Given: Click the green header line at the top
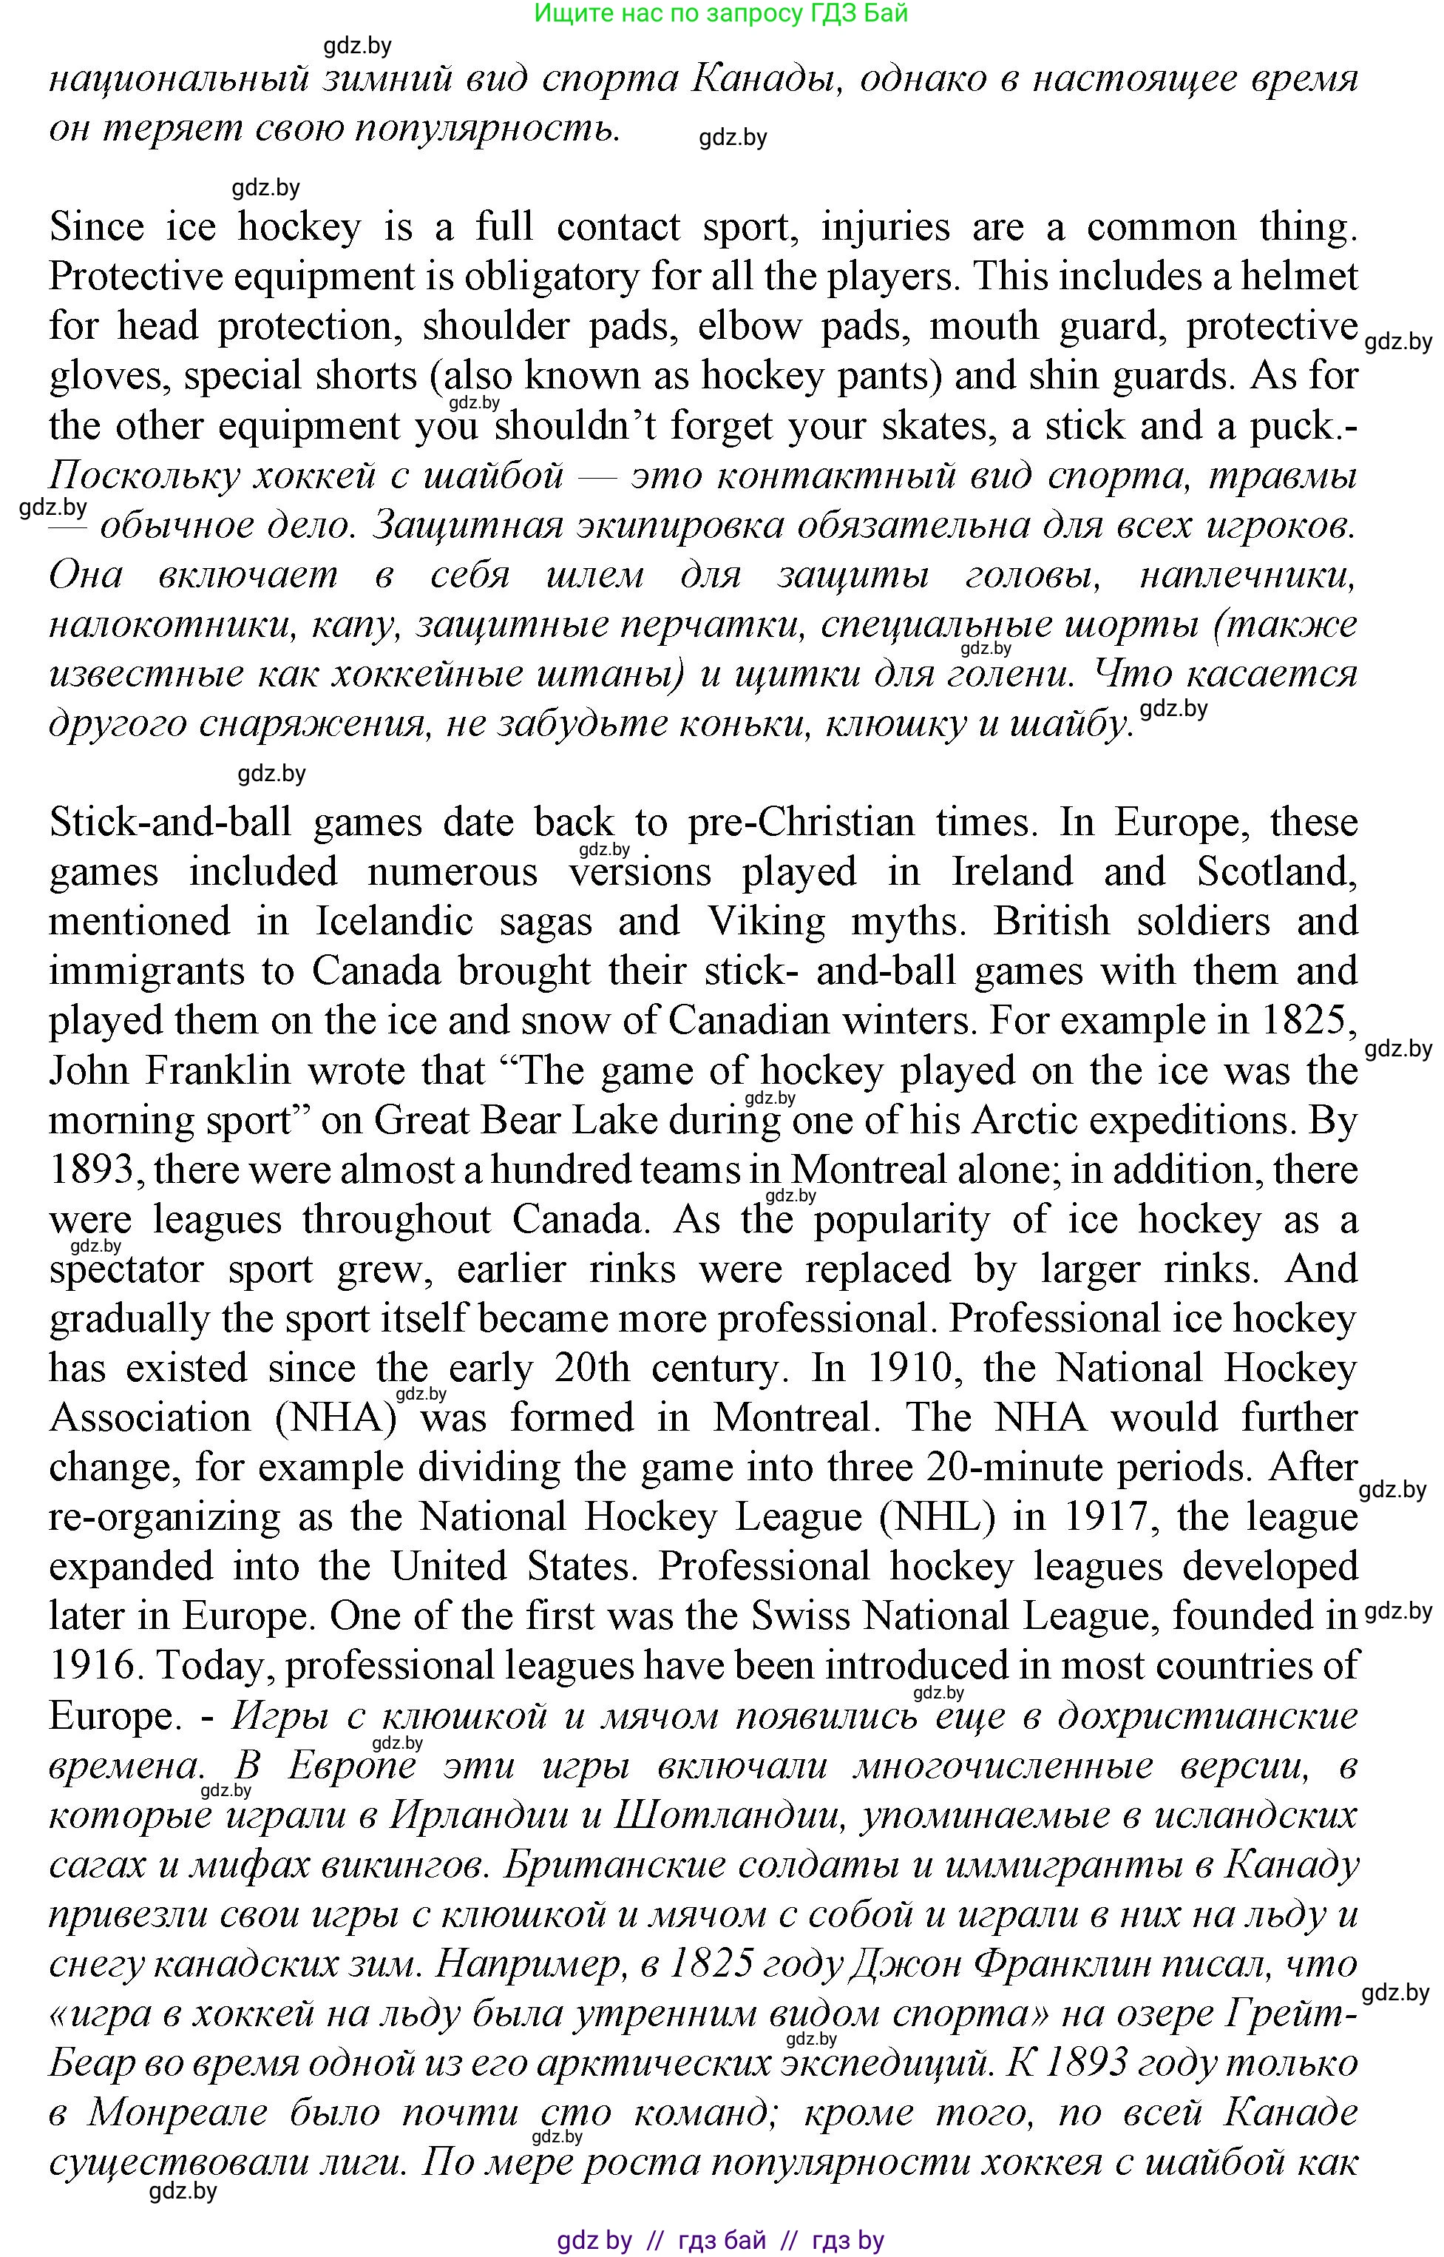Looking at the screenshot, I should tap(720, 13).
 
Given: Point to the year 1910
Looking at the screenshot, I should tap(912, 1368).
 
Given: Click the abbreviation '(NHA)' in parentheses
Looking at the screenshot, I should tap(336, 1417).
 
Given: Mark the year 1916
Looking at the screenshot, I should tap(92, 1666).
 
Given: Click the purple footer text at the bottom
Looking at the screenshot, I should tap(720, 2241).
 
